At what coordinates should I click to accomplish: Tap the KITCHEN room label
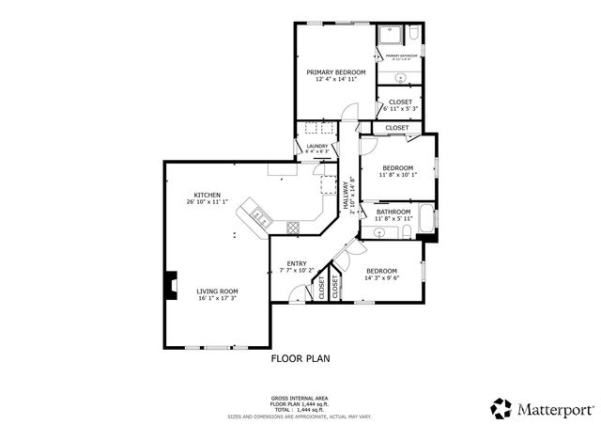[x=207, y=195]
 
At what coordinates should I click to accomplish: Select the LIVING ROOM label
[x=217, y=291]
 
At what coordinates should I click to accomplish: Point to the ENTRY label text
[x=297, y=263]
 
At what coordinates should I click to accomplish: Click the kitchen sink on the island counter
[x=260, y=219]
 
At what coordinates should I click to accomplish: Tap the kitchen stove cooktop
[x=293, y=226]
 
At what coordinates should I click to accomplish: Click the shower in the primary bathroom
[x=390, y=36]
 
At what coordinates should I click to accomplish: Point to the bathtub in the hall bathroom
[x=425, y=220]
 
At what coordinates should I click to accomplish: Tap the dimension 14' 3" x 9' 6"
[x=382, y=278]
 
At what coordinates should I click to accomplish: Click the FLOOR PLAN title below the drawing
[x=300, y=358]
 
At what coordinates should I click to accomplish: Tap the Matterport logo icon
[x=499, y=408]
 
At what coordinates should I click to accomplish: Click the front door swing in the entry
[x=299, y=297]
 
